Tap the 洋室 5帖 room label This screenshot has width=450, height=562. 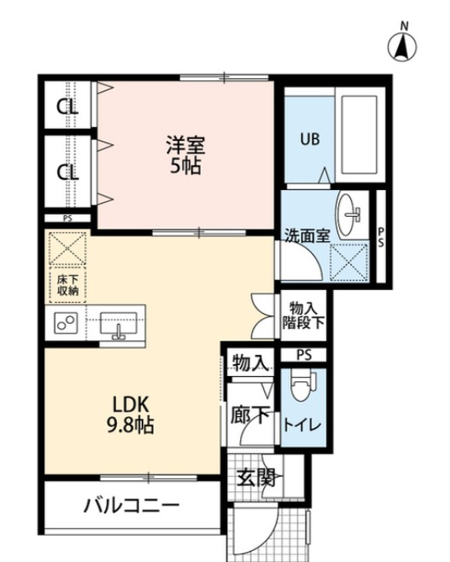[184, 155]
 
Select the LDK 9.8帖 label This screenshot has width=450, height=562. [131, 415]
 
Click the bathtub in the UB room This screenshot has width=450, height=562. [359, 135]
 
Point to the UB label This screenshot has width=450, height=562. [310, 139]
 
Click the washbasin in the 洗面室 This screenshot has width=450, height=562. [348, 215]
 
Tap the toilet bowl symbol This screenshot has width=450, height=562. [302, 385]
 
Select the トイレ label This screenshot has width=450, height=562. [302, 425]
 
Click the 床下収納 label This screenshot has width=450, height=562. [67, 286]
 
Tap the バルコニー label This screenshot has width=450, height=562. [131, 507]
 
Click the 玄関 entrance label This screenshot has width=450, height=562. [256, 478]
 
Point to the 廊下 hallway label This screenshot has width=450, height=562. [249, 415]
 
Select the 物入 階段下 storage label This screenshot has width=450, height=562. [303, 315]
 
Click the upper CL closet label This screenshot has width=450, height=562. [67, 107]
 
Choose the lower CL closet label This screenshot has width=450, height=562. [67, 173]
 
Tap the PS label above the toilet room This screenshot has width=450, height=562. [304, 355]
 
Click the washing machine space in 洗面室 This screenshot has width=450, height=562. [349, 263]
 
